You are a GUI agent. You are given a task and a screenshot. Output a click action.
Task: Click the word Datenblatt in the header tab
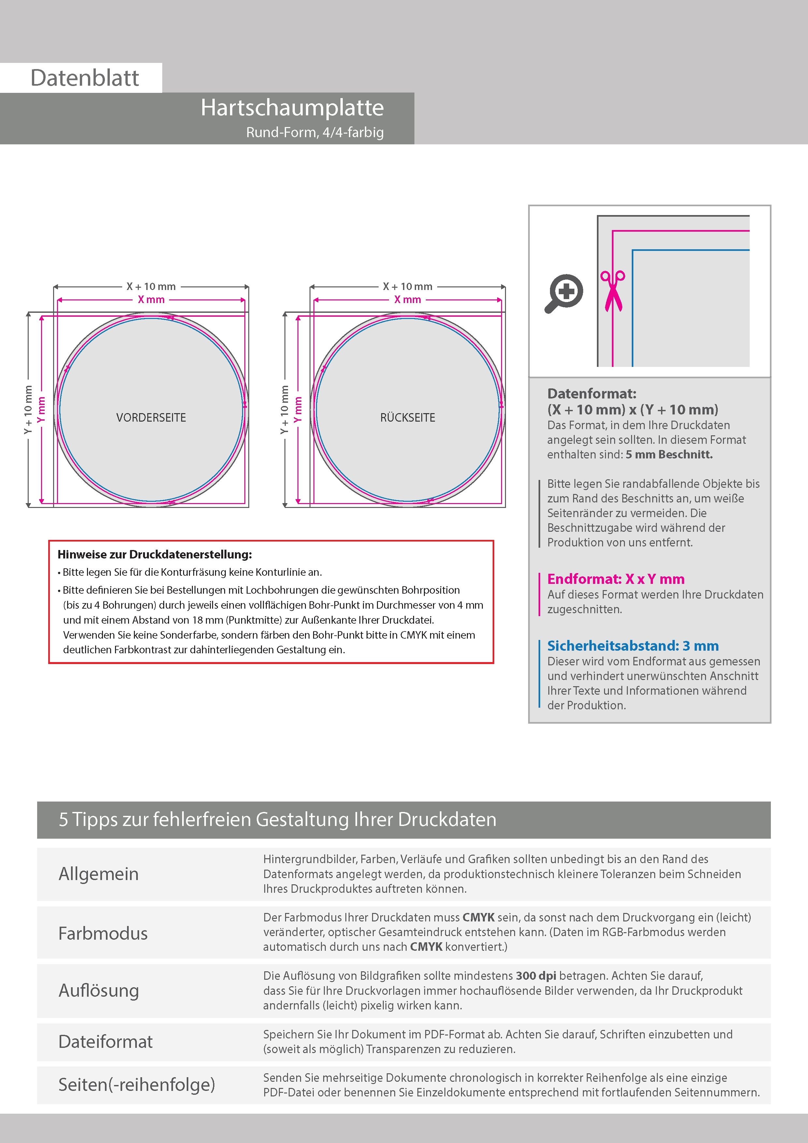(x=85, y=78)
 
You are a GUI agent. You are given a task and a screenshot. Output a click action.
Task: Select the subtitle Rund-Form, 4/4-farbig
(x=315, y=132)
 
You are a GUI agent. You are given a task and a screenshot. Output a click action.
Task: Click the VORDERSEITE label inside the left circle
(x=151, y=418)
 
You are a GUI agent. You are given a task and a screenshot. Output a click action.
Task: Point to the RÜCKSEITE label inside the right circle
(x=407, y=418)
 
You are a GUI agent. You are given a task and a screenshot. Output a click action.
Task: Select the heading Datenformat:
(x=591, y=394)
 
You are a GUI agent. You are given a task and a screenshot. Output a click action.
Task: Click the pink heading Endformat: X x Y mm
(x=616, y=579)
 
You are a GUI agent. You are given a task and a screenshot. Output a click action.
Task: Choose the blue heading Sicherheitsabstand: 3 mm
(x=633, y=646)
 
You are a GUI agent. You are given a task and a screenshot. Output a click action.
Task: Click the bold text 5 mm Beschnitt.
(x=669, y=455)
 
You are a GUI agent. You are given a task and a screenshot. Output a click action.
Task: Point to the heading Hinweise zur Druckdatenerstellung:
(x=155, y=555)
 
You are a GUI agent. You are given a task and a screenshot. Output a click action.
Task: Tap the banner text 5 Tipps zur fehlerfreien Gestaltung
(x=277, y=819)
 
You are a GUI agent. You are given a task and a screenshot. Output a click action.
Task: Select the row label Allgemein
(x=99, y=874)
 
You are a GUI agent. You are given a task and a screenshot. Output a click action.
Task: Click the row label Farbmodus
(x=103, y=933)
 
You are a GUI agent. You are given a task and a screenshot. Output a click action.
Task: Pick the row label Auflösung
(x=99, y=991)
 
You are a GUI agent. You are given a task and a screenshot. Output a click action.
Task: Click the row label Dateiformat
(x=106, y=1042)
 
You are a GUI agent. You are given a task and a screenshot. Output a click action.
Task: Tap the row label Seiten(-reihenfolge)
(x=137, y=1085)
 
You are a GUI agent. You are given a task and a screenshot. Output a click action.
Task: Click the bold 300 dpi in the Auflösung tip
(x=536, y=976)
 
